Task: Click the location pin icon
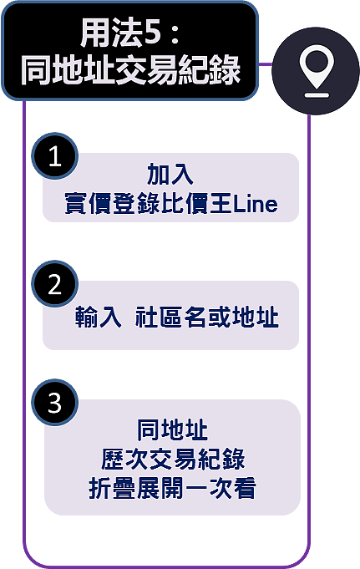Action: (x=317, y=71)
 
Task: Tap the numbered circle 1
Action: (x=55, y=156)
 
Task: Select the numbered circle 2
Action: (x=55, y=284)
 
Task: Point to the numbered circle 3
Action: (x=55, y=403)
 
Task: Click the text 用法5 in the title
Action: (x=120, y=33)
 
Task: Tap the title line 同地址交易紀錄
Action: (x=130, y=70)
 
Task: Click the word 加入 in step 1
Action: (x=170, y=174)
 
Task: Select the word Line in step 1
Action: (x=256, y=204)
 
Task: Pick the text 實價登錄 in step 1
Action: (x=112, y=204)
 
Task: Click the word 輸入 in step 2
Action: (x=98, y=318)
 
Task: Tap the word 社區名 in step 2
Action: (x=170, y=318)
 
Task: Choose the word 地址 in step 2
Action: (x=256, y=318)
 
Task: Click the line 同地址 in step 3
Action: (x=172, y=430)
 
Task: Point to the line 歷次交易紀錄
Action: (x=173, y=459)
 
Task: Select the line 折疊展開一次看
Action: (x=172, y=489)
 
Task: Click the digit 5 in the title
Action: (x=152, y=34)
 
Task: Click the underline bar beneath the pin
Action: (x=317, y=95)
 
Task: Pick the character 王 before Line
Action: (x=221, y=204)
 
